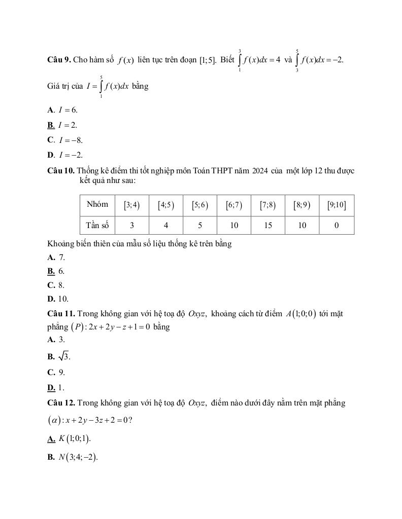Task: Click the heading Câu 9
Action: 58,60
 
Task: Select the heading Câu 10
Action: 60,170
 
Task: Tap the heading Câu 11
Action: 61,314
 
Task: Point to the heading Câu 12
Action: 61,403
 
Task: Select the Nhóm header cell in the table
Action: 97,205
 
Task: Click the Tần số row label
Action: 97,226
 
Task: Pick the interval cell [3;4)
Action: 132,205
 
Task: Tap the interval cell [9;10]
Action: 337,205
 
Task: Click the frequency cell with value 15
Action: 268,226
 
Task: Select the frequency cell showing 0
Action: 337,226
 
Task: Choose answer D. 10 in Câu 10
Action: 58,299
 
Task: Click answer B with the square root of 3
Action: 59,356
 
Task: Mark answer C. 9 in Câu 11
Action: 56,372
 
